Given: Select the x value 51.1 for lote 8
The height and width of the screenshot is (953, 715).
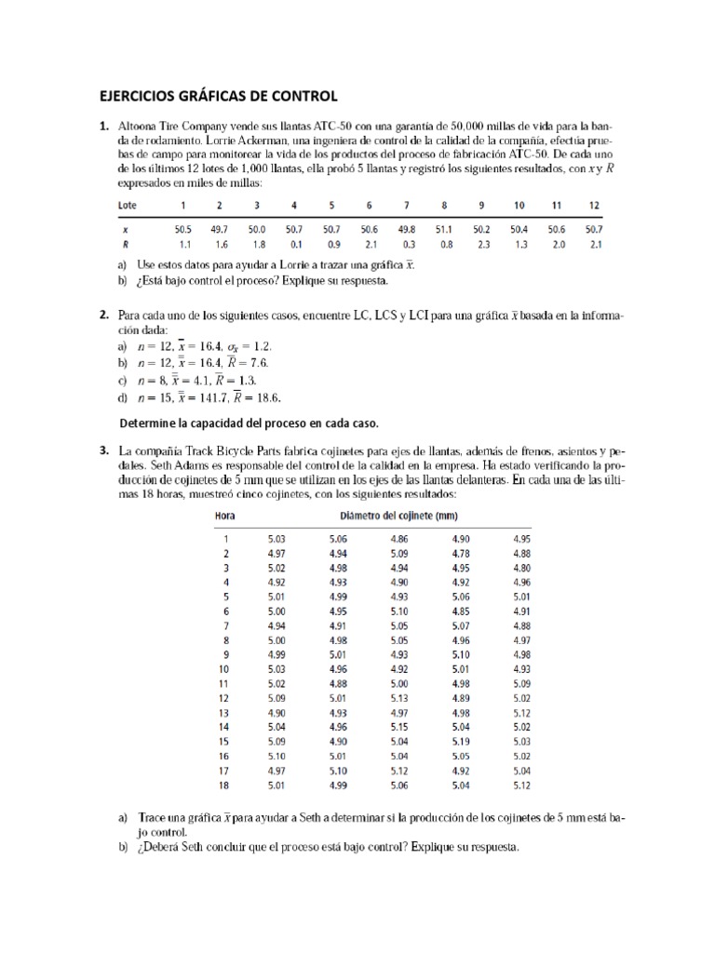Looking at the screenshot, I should click(x=444, y=229).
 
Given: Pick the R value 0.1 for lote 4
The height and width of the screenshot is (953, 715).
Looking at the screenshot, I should click(x=294, y=244).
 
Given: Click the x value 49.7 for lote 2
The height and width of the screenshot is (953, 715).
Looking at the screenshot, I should click(x=219, y=229).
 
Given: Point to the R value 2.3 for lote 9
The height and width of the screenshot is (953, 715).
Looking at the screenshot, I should click(x=481, y=244).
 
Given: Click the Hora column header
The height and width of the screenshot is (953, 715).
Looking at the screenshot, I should click(x=225, y=517).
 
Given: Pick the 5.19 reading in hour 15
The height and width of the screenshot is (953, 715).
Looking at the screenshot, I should click(x=462, y=741).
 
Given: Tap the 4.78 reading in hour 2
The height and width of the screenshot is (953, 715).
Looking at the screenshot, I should click(x=462, y=553).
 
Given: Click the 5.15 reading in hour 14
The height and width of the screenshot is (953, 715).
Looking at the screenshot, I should click(x=399, y=726).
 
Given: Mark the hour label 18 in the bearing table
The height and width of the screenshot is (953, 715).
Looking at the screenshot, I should click(x=223, y=785).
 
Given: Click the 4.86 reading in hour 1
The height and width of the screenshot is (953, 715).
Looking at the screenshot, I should click(x=399, y=538).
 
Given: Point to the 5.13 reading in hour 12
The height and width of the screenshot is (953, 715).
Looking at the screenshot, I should click(x=399, y=697).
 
